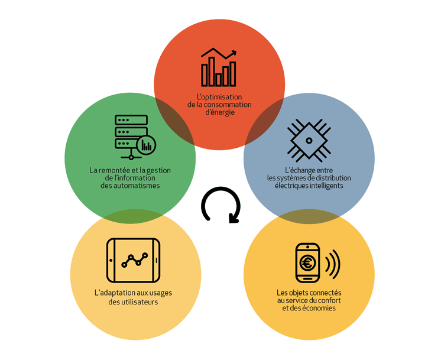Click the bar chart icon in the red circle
tap(219, 67)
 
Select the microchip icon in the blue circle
tap(309, 141)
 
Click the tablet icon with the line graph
tap(134, 260)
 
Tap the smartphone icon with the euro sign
tap(307, 262)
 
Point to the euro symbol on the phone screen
tap(307, 263)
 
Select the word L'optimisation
tap(219, 97)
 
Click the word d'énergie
tap(220, 112)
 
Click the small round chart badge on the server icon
tap(146, 145)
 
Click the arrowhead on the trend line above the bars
tap(233, 53)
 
